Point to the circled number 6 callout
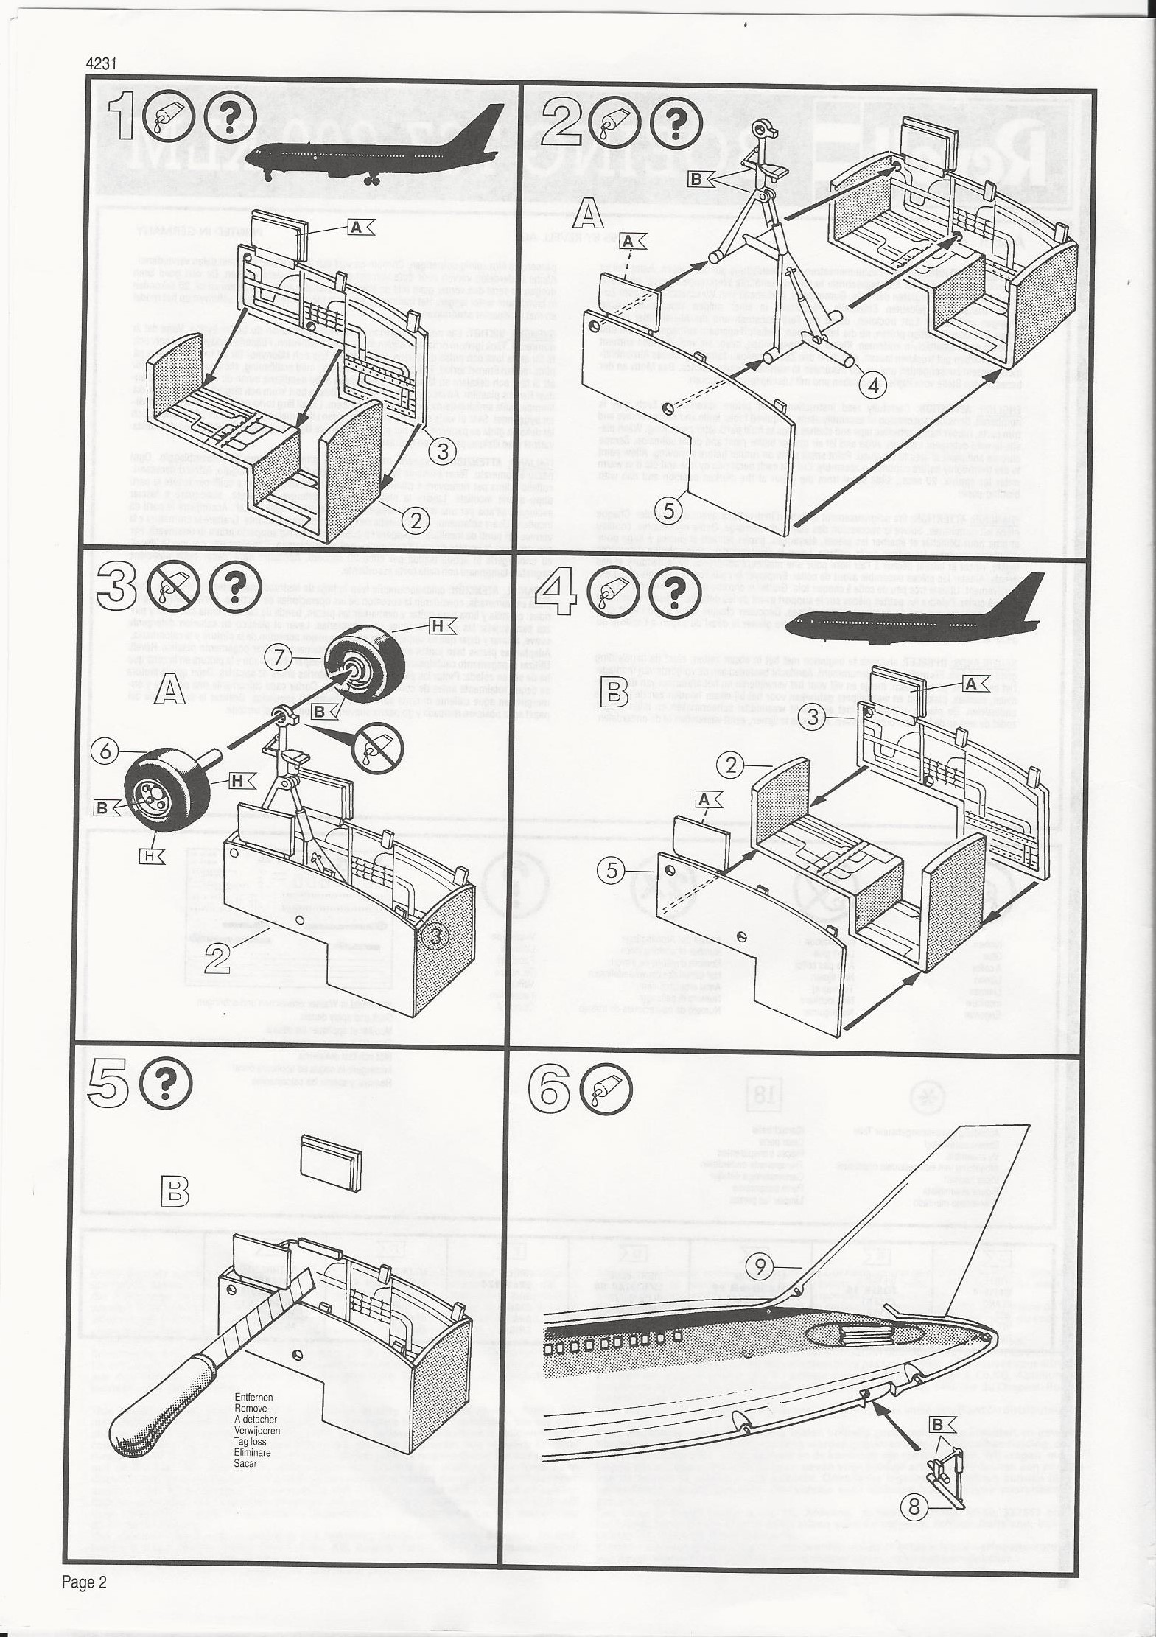click(106, 751)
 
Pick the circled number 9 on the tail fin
click(761, 1266)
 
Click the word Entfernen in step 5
click(253, 1397)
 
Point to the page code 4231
click(102, 64)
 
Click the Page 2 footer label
click(84, 1582)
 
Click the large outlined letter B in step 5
click(174, 1190)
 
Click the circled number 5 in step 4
click(612, 871)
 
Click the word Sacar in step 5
click(246, 1463)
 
